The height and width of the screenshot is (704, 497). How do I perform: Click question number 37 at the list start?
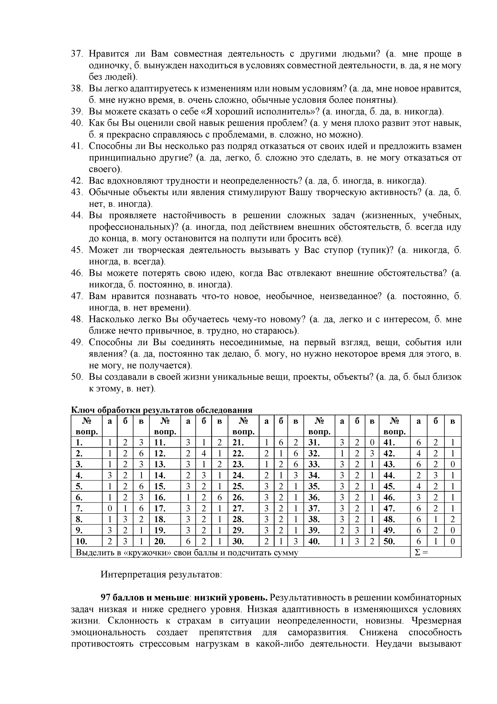77,54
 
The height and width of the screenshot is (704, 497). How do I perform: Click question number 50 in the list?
77,377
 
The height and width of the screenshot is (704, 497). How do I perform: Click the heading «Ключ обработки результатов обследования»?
162,410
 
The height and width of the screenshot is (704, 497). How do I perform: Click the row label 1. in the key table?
79,443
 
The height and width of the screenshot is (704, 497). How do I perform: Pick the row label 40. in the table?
314,541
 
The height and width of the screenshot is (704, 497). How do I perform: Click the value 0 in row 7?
109,509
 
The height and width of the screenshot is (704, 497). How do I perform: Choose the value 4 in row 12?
204,454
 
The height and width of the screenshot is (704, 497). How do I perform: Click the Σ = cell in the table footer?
421,552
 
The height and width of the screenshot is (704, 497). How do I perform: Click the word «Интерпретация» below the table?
127,574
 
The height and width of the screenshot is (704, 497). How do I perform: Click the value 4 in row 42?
418,454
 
